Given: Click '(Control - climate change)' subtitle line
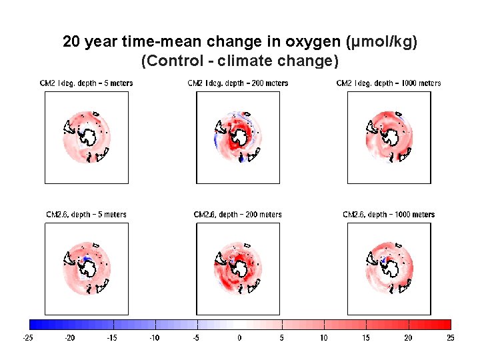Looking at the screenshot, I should coord(240,61).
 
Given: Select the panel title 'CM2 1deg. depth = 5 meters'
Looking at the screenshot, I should coord(87,83).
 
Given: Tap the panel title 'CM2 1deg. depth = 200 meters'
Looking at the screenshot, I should coord(238,83).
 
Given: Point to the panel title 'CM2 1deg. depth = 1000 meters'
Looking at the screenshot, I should coord(389,83).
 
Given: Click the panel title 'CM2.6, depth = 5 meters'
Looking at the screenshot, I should coord(86,215).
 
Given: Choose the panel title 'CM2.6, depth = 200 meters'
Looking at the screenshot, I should coord(238,215).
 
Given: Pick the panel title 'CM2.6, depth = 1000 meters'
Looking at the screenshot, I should coord(389,215).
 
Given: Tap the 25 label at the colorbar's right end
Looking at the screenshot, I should coord(451,338).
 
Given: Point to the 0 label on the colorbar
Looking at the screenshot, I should coord(240,338).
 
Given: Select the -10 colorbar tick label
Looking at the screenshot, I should coord(155,338).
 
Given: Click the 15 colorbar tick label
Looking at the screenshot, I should coord(366,338).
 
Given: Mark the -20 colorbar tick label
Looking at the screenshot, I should coord(70,338).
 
